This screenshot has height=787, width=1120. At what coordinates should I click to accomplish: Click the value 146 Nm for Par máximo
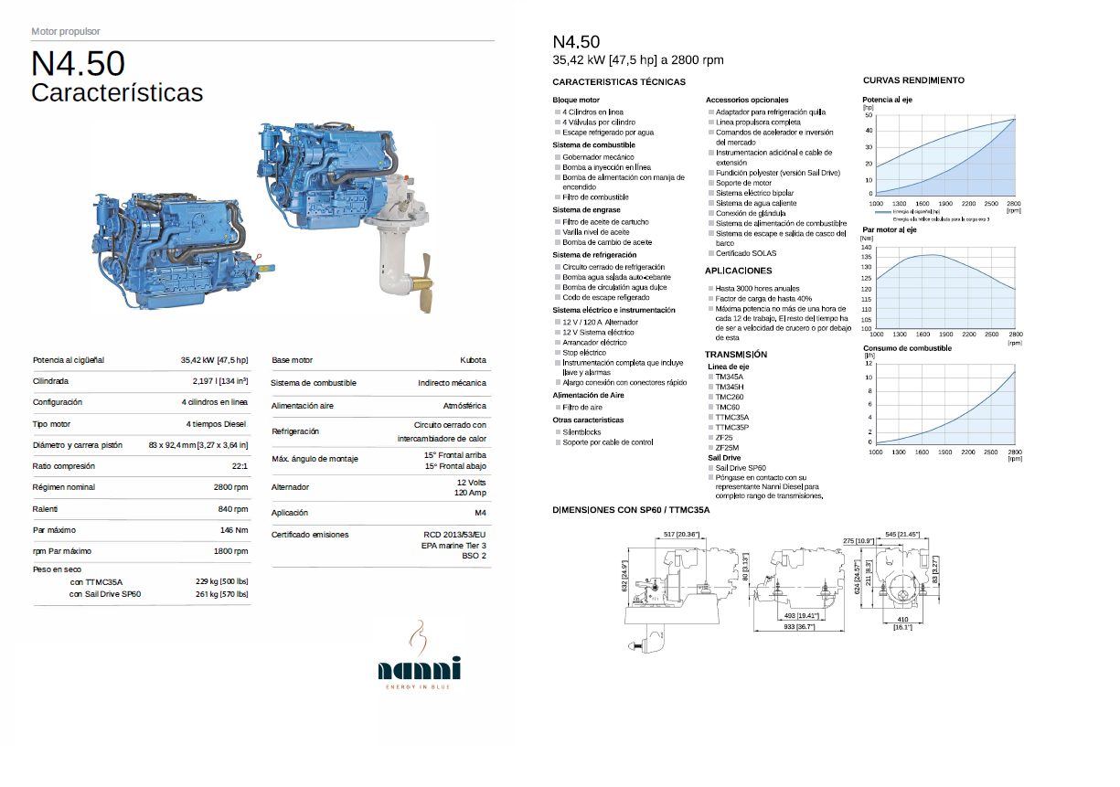click(234, 530)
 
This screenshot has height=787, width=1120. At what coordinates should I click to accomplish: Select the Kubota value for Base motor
click(473, 360)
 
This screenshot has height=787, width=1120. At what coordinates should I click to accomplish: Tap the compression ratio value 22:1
click(240, 466)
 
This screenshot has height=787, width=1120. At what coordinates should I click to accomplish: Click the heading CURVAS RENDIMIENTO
click(912, 80)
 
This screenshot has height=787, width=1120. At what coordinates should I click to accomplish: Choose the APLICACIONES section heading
click(738, 271)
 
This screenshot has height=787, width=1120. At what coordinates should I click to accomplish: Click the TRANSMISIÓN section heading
click(735, 355)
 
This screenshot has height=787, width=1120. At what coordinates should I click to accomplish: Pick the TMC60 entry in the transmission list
click(728, 407)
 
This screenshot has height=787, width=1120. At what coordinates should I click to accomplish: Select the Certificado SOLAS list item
click(746, 253)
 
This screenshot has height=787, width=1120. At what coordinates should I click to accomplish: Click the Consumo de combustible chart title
click(907, 348)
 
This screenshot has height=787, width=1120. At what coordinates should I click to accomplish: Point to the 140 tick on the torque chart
click(867, 247)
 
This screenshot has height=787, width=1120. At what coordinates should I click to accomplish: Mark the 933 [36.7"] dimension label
click(798, 627)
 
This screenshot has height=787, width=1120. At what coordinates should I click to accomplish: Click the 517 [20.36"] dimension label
click(681, 534)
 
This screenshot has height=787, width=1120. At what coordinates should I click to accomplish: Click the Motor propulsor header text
click(66, 31)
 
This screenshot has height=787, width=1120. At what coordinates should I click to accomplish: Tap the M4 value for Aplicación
click(480, 513)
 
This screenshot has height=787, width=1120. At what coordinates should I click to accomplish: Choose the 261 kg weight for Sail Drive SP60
click(221, 594)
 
